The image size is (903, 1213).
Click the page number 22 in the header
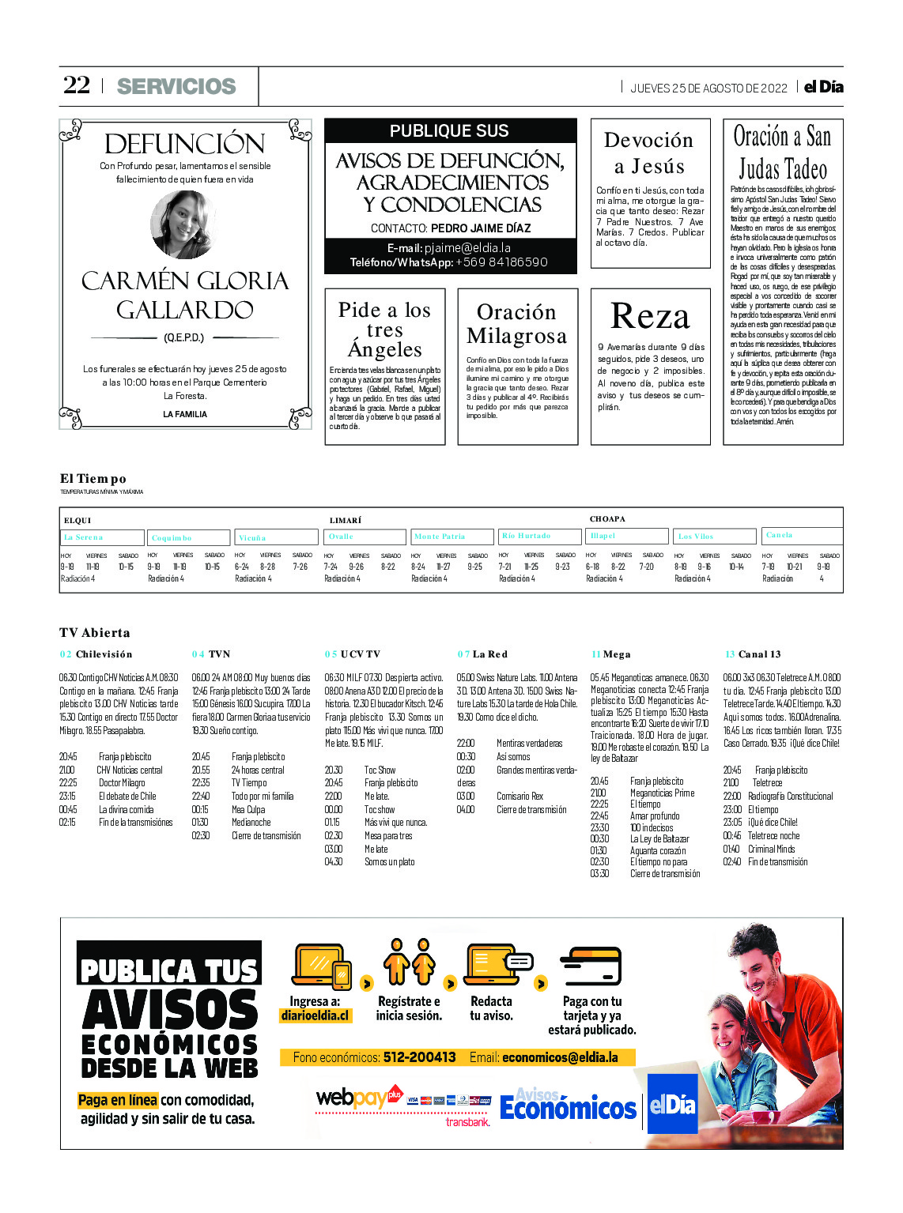pos(77,85)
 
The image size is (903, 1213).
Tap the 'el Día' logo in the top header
pos(823,87)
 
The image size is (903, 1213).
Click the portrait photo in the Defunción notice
pos(184,224)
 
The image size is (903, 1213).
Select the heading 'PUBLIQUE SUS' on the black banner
pos(449,131)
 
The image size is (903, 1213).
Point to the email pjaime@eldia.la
pos(467,248)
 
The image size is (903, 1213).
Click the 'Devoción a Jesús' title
pos(649,153)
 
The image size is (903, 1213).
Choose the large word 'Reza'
pos(650,317)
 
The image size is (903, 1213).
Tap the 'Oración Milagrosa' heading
pos(517,324)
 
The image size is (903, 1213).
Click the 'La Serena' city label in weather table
pos(83,537)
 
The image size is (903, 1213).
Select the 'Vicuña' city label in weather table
pos(252,538)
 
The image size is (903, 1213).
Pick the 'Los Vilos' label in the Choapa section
pos(696,537)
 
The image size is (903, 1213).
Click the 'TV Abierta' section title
pos(94,633)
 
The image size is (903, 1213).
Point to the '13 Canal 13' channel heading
pos(753,654)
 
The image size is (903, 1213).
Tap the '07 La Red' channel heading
pos(482,654)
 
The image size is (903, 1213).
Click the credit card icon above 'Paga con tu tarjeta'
pos(591,966)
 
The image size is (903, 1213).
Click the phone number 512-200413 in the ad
pos(419,1057)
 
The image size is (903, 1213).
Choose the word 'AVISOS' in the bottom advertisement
pos(170,1011)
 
